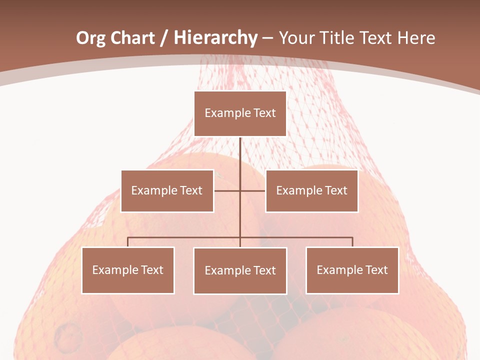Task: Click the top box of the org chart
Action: (x=240, y=113)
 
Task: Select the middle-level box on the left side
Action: (x=167, y=190)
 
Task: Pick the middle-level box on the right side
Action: (x=311, y=190)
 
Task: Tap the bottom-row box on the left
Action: (x=128, y=270)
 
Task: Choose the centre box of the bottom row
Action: (x=240, y=270)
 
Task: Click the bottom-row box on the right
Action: (x=352, y=270)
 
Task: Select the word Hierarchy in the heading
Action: (x=215, y=38)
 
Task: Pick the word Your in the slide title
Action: (x=297, y=38)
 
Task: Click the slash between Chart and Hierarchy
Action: (x=164, y=38)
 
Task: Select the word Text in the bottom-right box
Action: (x=376, y=270)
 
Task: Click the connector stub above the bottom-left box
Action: (x=128, y=242)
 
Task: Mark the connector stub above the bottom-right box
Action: (x=352, y=242)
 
